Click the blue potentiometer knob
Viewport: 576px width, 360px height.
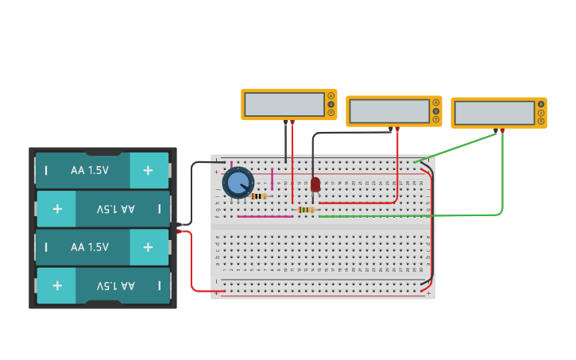click(238, 183)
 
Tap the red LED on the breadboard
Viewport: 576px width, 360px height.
click(315, 184)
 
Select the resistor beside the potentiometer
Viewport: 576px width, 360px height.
click(258, 196)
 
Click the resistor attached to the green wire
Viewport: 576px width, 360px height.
click(306, 210)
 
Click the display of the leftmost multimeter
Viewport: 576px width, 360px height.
click(284, 105)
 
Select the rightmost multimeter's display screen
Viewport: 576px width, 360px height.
click(494, 113)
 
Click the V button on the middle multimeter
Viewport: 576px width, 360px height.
click(435, 111)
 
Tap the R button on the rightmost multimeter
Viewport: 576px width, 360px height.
click(541, 122)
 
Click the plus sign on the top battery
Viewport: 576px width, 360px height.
click(148, 170)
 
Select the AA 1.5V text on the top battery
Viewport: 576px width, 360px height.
click(90, 170)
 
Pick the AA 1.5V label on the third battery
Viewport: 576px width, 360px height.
click(90, 247)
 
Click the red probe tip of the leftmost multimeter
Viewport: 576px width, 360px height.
click(292, 122)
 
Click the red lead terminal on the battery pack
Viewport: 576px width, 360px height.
click(181, 231)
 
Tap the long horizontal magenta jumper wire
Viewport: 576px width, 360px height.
click(265, 216)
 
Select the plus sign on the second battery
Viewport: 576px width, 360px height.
click(57, 209)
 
